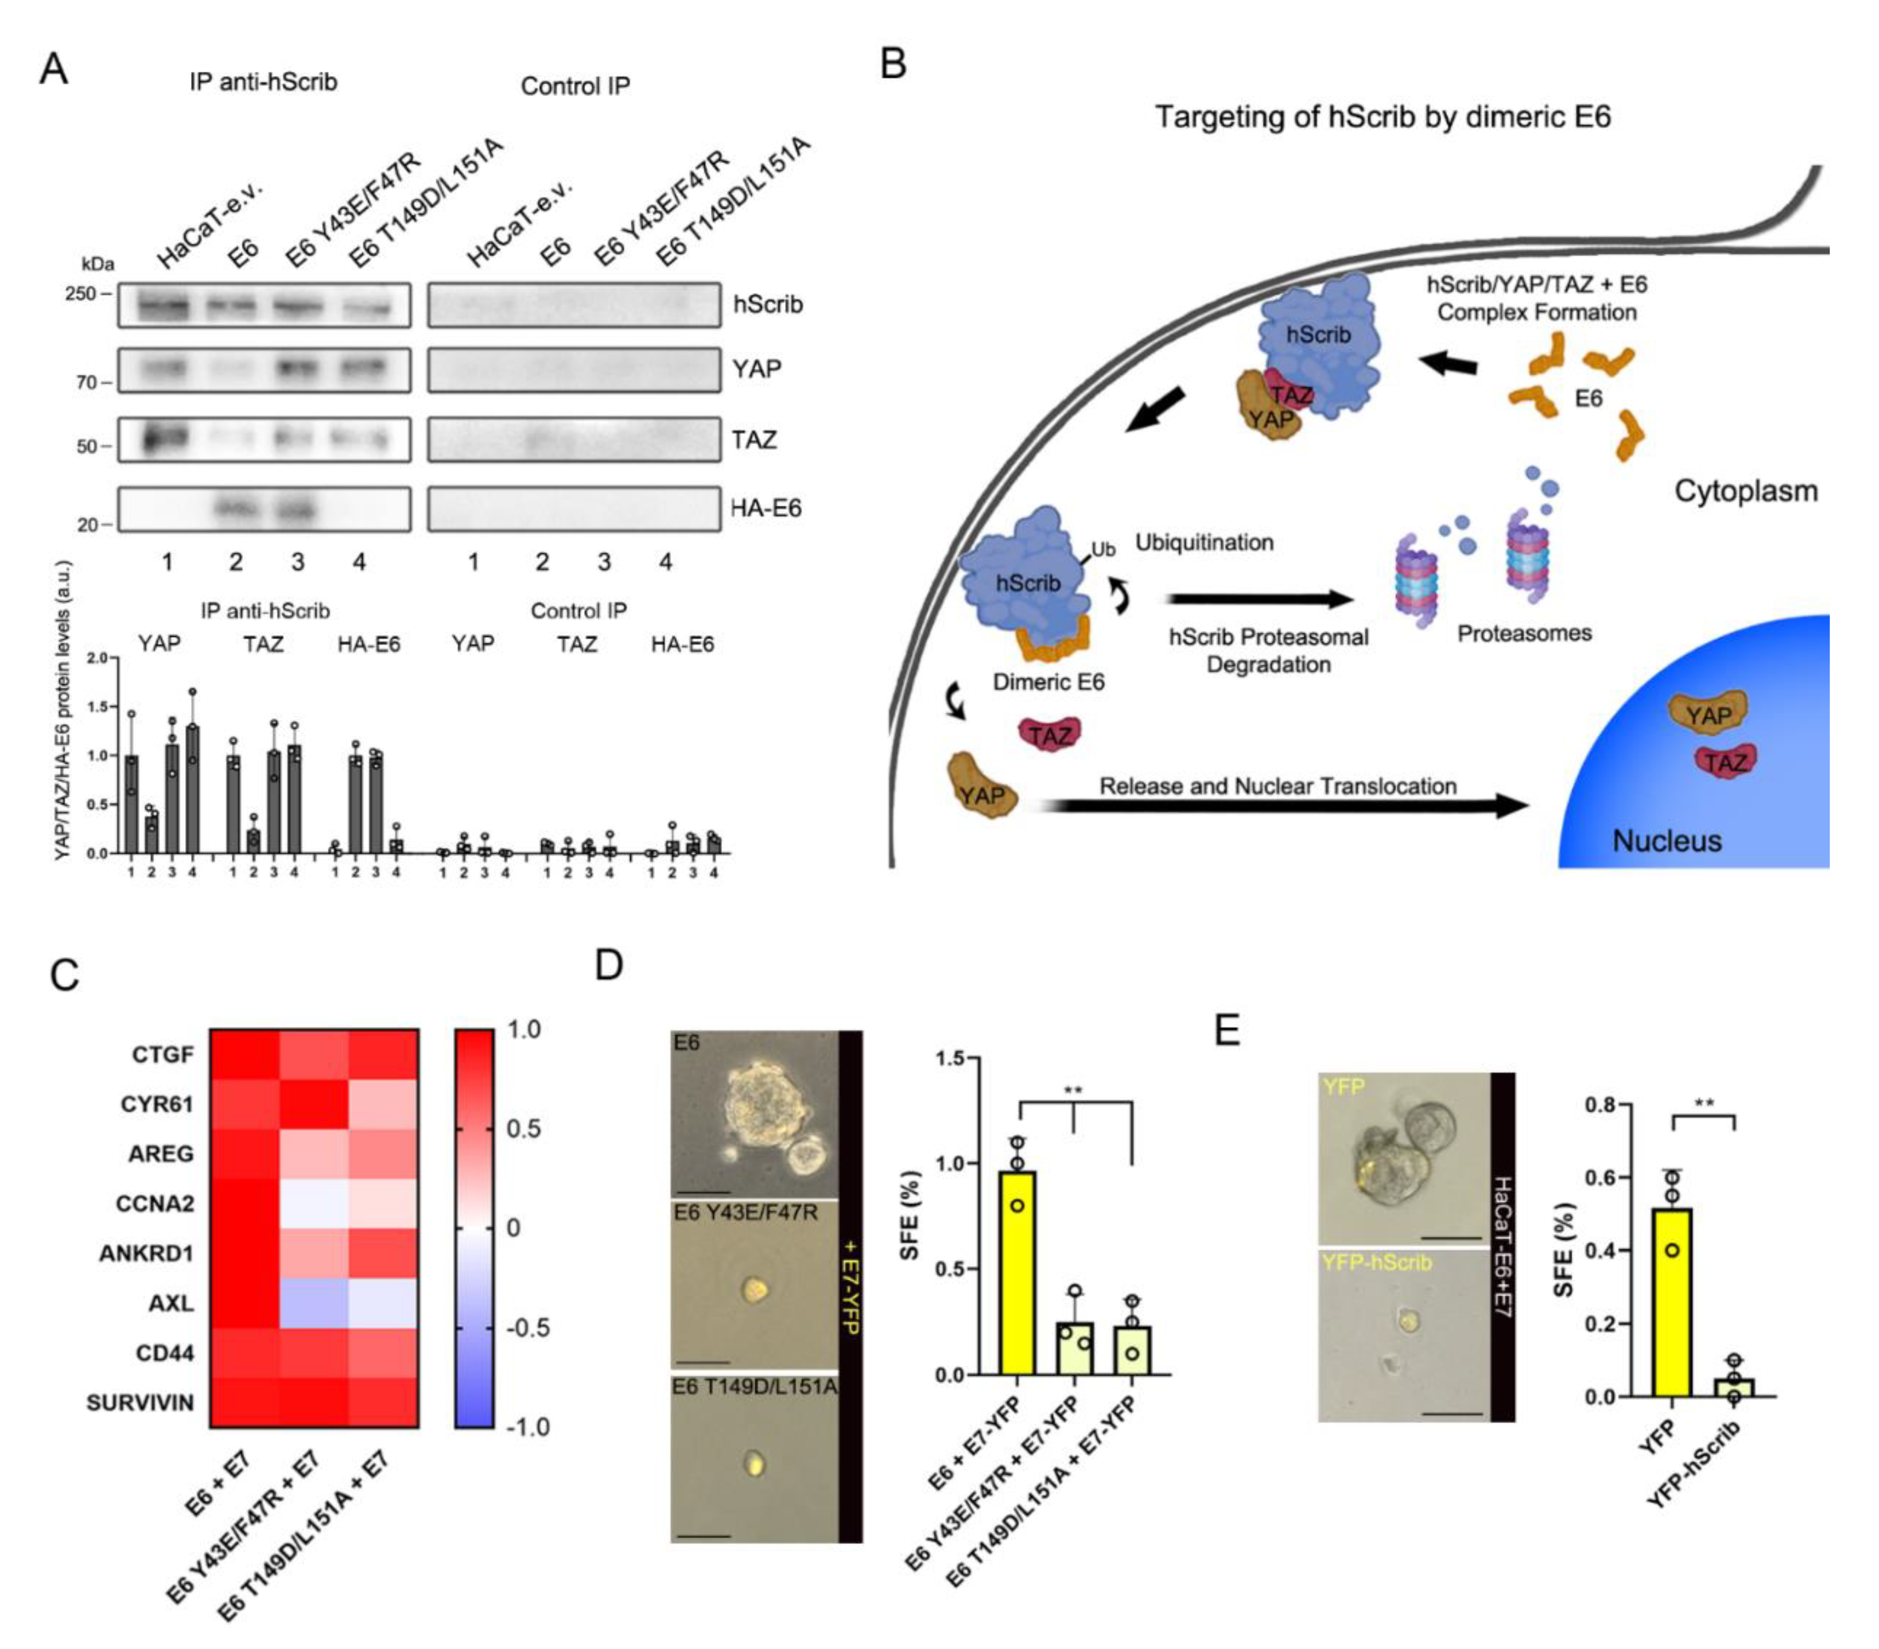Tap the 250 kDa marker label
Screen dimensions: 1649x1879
pyautogui.click(x=81, y=293)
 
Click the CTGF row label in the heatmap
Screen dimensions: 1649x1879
pyautogui.click(x=163, y=1054)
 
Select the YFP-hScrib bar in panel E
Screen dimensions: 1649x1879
pyautogui.click(x=1733, y=1387)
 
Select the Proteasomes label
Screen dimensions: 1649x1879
pyautogui.click(x=1524, y=632)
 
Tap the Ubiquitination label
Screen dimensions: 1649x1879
pyautogui.click(x=1204, y=543)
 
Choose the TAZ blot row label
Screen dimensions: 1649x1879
pyautogui.click(x=754, y=439)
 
